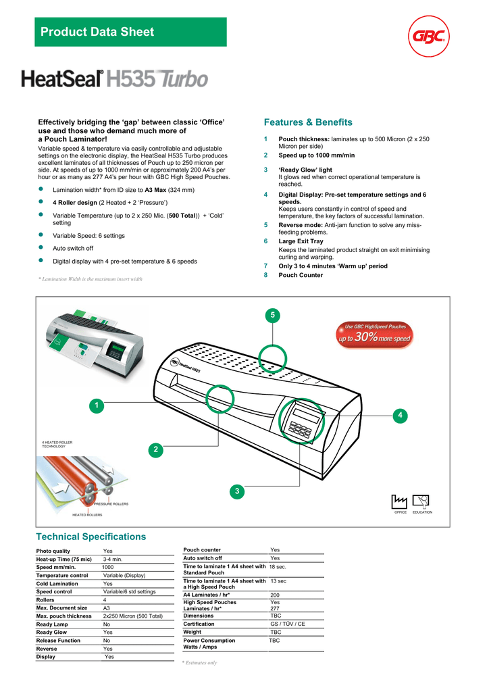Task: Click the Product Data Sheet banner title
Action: coord(97,32)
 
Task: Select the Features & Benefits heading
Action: coord(308,122)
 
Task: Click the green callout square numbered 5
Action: coord(273,316)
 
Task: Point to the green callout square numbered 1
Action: coord(97,405)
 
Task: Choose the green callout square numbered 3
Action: coord(237,491)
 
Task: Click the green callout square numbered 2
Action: coord(155,449)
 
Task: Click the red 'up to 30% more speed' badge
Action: coord(374,334)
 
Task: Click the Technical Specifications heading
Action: coord(91,537)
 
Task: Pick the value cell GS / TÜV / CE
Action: coord(287,624)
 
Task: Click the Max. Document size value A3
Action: coord(107,608)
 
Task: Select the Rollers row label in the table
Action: coord(45,600)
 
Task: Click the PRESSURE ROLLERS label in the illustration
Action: coord(111,504)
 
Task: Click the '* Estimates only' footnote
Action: coord(200,663)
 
